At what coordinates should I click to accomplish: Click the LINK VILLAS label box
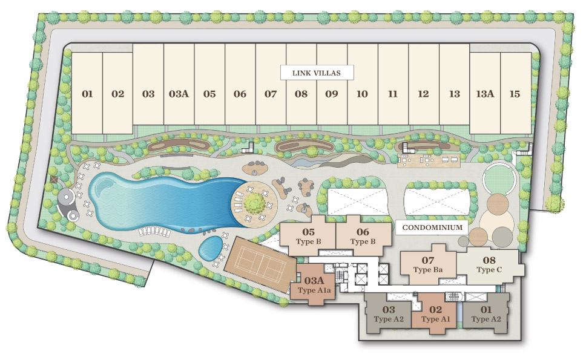point(317,73)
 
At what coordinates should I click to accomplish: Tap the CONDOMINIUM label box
point(432,227)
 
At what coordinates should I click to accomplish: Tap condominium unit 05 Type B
point(308,235)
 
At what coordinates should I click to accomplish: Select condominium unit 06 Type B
point(363,235)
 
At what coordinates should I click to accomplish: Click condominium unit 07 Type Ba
point(428,264)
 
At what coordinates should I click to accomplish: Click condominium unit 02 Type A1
point(436,313)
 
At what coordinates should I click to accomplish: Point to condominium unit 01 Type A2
point(486,313)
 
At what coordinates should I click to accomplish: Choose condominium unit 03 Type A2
point(388,313)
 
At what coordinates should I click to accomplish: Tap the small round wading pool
point(211,248)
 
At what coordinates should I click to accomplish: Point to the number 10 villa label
point(362,94)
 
